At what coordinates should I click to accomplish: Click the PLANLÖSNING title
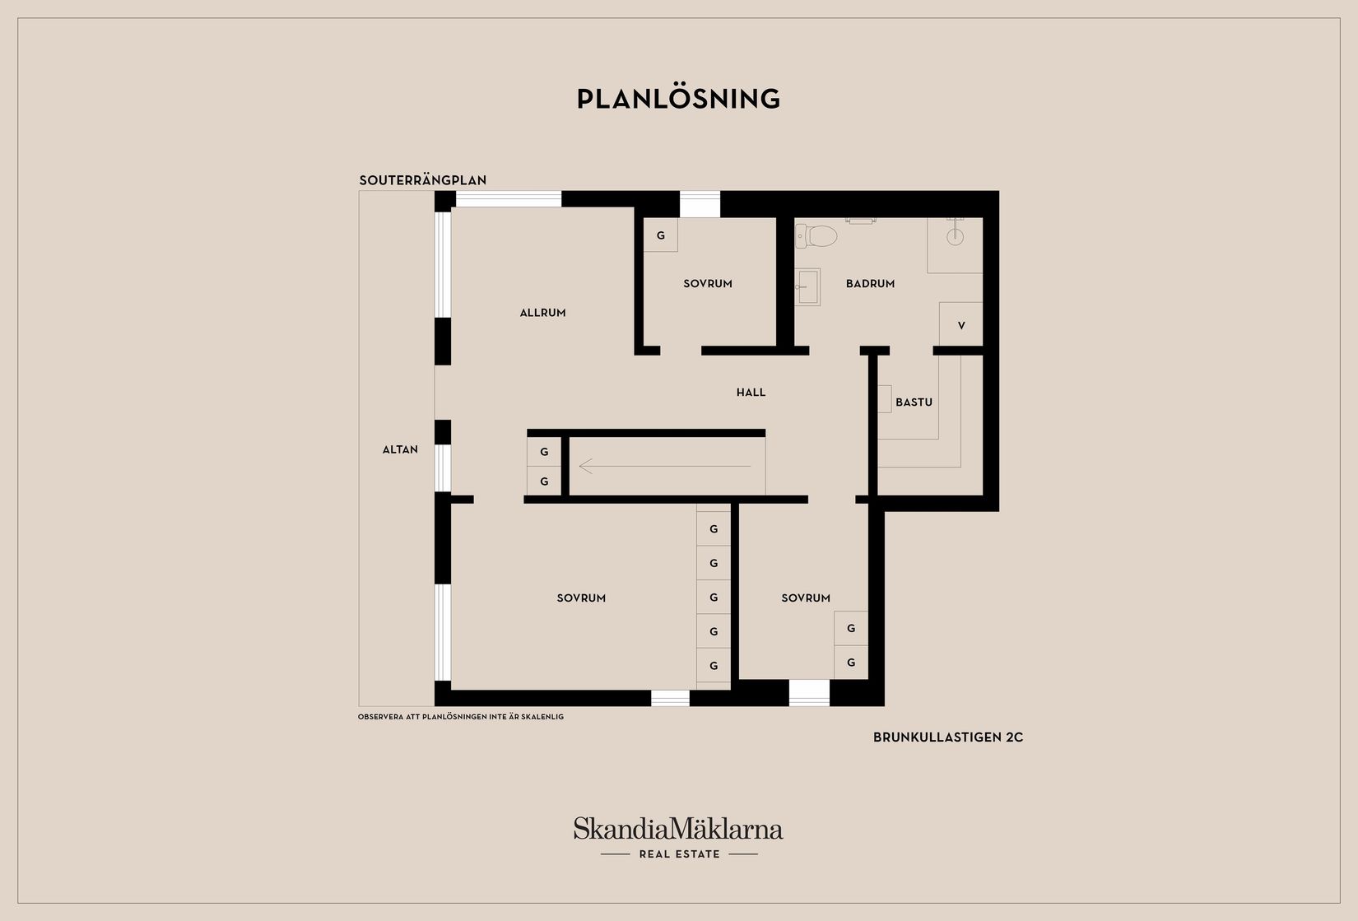(678, 99)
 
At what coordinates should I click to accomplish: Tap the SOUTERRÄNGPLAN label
(423, 180)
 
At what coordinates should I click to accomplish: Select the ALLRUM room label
(542, 313)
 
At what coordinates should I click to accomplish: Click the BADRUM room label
(870, 284)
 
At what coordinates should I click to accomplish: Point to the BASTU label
(914, 402)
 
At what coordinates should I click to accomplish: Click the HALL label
(751, 393)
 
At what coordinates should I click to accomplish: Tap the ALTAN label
(400, 449)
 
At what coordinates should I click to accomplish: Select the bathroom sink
(807, 286)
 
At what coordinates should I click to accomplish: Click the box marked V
(960, 325)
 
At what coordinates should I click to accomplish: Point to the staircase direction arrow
(665, 467)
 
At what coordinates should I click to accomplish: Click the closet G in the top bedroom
(660, 235)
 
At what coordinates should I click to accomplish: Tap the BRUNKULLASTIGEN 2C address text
(948, 737)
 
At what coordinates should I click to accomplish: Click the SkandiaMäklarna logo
(678, 828)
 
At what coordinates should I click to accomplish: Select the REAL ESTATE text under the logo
(679, 854)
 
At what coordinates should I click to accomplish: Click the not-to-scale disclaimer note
(461, 717)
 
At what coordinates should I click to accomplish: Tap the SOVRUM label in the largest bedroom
(581, 598)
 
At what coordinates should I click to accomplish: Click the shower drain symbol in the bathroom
(955, 237)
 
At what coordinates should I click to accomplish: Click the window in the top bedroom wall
(700, 204)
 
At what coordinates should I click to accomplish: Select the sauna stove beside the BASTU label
(885, 398)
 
